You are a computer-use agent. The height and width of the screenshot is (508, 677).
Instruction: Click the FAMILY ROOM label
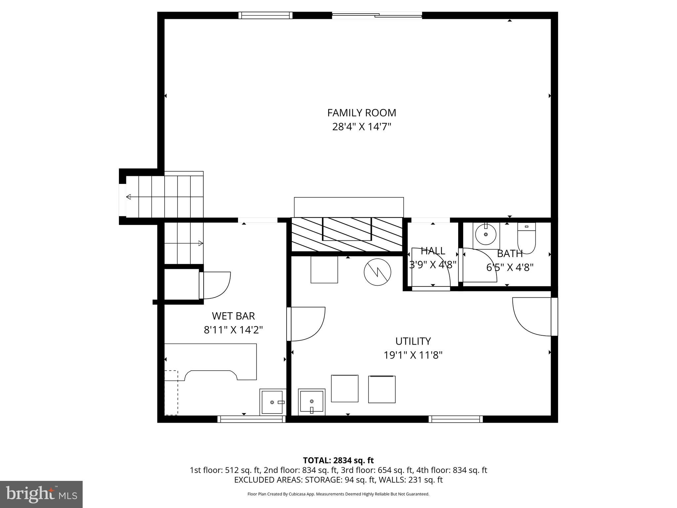point(362,113)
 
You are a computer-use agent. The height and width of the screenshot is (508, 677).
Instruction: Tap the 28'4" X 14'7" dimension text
point(362,127)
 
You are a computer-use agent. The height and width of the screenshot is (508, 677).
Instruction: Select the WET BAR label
point(233,316)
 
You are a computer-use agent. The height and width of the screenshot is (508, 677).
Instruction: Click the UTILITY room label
point(413,341)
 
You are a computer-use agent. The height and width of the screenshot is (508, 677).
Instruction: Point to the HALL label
point(433,251)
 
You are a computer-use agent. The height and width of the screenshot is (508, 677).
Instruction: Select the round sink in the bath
point(486,235)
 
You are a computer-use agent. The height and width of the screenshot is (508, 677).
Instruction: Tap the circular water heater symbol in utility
point(377,272)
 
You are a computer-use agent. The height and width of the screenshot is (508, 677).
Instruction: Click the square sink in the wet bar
point(272,402)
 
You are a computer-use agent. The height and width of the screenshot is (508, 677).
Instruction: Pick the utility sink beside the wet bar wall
point(311,402)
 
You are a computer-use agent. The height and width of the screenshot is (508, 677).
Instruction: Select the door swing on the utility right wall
point(532,317)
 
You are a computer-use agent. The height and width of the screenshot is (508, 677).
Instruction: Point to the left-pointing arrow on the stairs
point(129,197)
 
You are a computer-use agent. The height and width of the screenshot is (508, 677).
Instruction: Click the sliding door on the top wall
point(377,15)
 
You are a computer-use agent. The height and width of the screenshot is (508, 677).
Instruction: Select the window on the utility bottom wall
point(456,419)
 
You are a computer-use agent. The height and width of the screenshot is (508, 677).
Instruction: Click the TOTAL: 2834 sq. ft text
point(338,460)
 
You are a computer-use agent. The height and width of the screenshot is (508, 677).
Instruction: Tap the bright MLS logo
point(41,494)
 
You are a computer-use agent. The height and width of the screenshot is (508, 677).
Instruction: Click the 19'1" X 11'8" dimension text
point(413,355)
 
